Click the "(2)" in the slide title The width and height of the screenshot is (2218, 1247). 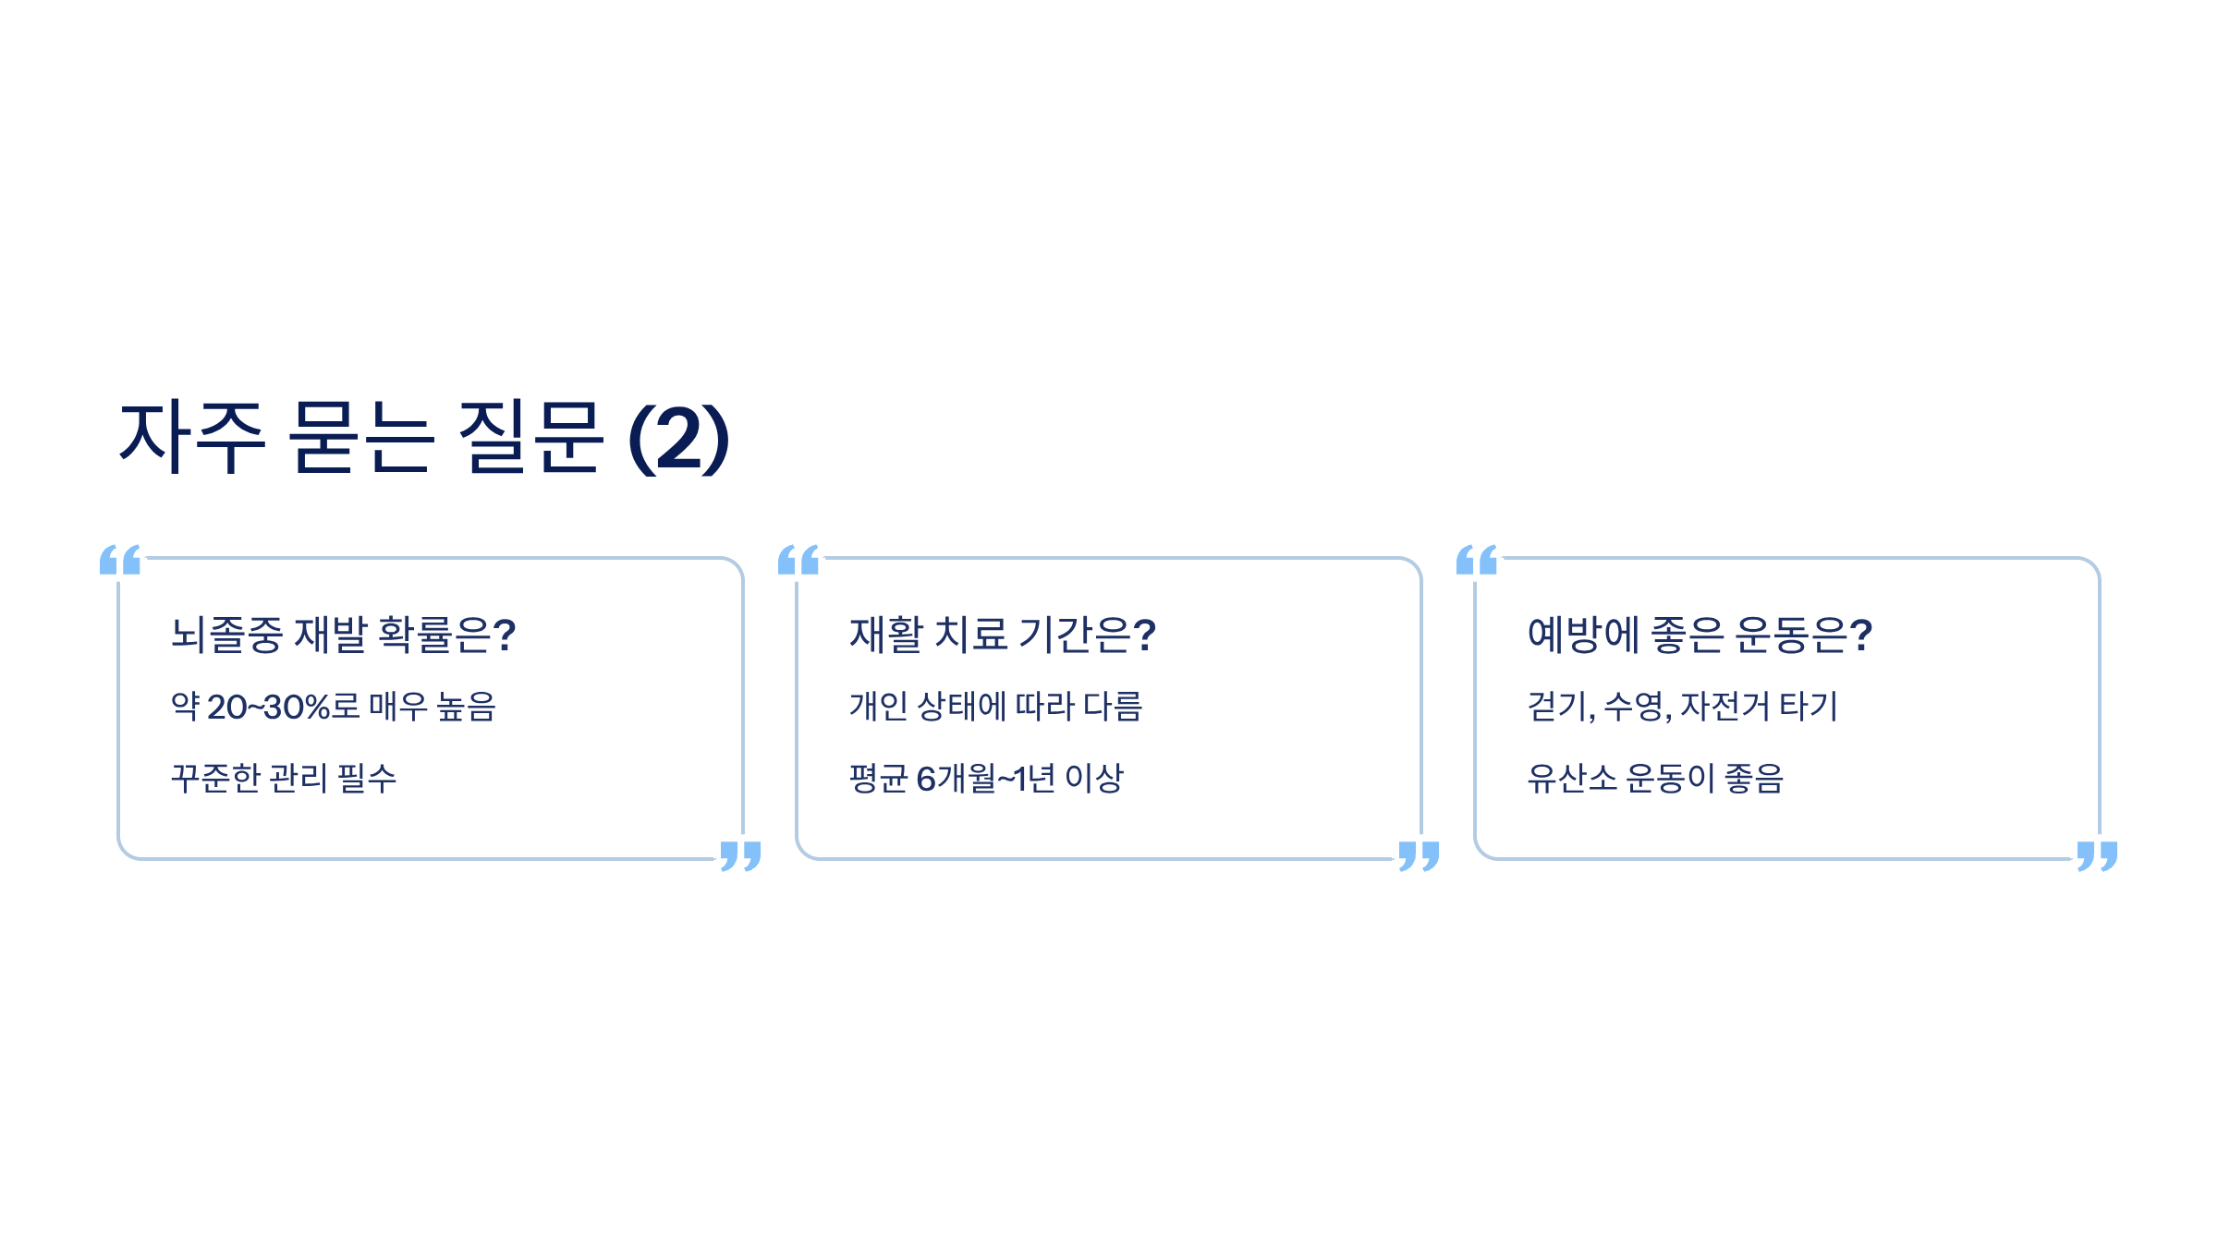tap(679, 439)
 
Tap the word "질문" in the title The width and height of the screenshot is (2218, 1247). tap(530, 438)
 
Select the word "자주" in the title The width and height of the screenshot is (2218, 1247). tap(192, 438)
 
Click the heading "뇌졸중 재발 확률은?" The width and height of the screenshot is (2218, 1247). tap(343, 635)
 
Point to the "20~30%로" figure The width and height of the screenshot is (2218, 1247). tap(283, 707)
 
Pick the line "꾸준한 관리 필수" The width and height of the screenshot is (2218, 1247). tap(284, 778)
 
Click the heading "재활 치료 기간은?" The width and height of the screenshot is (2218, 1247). tap(1002, 635)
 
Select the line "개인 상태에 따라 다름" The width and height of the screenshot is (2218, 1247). tap(995, 707)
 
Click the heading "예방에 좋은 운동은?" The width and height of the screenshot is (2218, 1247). tap(1699, 635)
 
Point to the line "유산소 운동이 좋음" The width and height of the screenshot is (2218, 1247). tap(1654, 778)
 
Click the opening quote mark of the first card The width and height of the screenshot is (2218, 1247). tap(120, 560)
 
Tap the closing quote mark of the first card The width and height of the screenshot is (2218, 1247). tap(740, 855)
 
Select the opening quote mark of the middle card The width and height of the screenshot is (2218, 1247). tap(798, 560)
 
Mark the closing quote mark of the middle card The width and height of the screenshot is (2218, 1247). tap(1419, 855)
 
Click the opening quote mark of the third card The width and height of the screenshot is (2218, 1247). tap(1477, 560)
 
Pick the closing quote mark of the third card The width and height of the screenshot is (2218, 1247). tap(2097, 855)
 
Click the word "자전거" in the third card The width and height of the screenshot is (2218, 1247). tap(1724, 707)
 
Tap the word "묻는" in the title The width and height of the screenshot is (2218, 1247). tap(360, 438)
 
